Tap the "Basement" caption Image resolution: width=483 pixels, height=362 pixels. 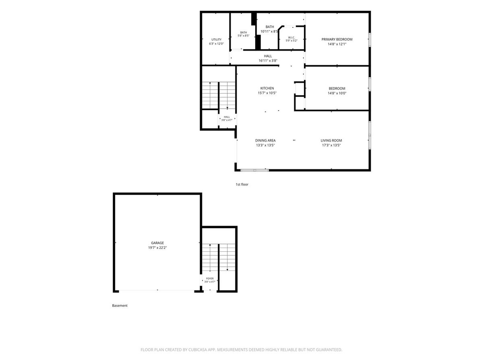pos(120,306)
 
